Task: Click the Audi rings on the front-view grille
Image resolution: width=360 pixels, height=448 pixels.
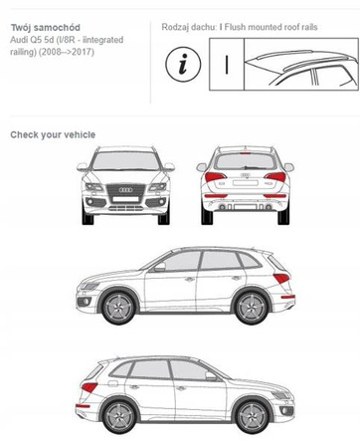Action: pos(124,189)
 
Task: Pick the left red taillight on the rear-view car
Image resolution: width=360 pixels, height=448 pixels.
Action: pos(216,179)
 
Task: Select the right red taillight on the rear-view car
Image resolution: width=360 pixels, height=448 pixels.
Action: pos(276,179)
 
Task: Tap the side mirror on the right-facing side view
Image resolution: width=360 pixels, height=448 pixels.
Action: pos(211,377)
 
